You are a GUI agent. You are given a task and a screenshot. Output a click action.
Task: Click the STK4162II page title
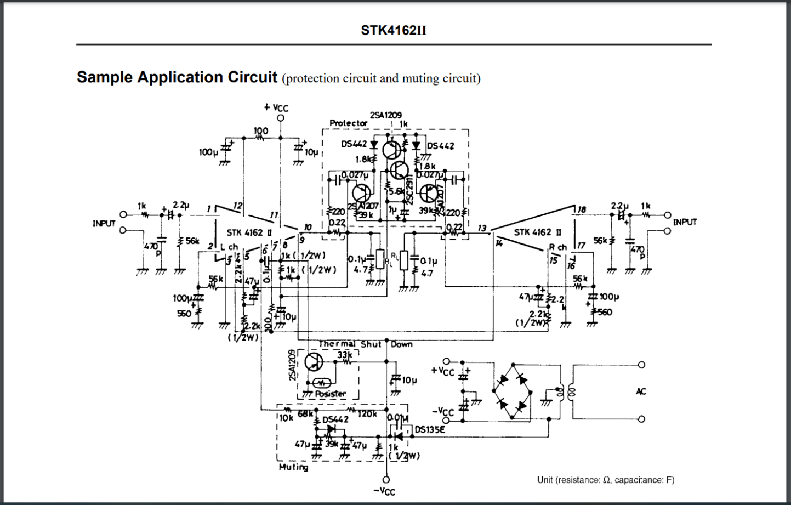click(393, 30)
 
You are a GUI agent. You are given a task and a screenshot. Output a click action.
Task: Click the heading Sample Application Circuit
click(177, 77)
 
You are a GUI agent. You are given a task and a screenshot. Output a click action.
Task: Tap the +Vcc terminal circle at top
click(281, 118)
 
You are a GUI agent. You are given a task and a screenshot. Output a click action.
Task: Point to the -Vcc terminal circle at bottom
click(386, 480)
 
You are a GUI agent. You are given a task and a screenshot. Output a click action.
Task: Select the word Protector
click(348, 123)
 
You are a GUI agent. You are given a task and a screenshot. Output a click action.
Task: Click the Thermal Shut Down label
click(366, 344)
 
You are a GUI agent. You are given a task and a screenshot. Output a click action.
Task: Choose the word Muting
click(293, 467)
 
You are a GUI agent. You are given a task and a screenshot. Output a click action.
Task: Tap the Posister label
click(330, 394)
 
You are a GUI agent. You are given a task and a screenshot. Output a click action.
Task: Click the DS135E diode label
click(429, 430)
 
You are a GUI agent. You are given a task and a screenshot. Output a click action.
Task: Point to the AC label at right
click(641, 391)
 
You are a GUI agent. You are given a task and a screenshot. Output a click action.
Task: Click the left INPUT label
click(104, 223)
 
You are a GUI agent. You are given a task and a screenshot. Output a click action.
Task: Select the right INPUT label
click(685, 222)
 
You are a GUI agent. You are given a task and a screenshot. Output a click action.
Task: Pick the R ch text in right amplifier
click(557, 247)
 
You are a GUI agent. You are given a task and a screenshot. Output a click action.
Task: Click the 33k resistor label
click(344, 355)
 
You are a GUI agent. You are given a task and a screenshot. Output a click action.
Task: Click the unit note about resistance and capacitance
click(606, 480)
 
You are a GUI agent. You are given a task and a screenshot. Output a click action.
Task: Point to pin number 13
click(482, 228)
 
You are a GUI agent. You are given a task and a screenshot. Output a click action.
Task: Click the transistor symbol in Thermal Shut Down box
click(314, 362)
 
